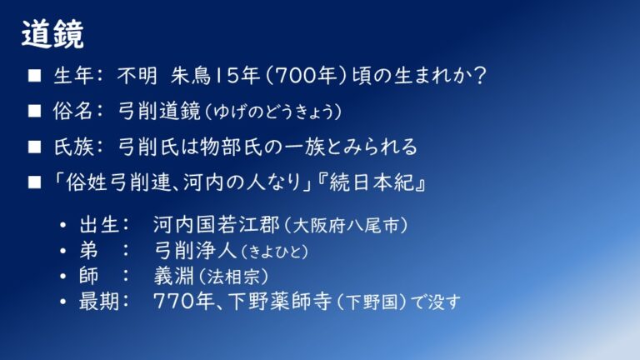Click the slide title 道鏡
pos(52,34)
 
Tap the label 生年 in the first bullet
pos(73,76)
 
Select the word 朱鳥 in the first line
pos(190,76)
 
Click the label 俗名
pos(73,111)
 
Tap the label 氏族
pos(73,147)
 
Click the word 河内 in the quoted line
pos(203,182)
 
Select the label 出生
pos(99,225)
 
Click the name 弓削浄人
pos(196,251)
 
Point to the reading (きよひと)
pos(274,252)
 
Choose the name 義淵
pos(173,277)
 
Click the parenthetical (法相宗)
pos(233,277)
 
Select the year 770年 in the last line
pos(184,302)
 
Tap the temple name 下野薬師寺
pos(280,302)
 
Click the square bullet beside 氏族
pos(34,147)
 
